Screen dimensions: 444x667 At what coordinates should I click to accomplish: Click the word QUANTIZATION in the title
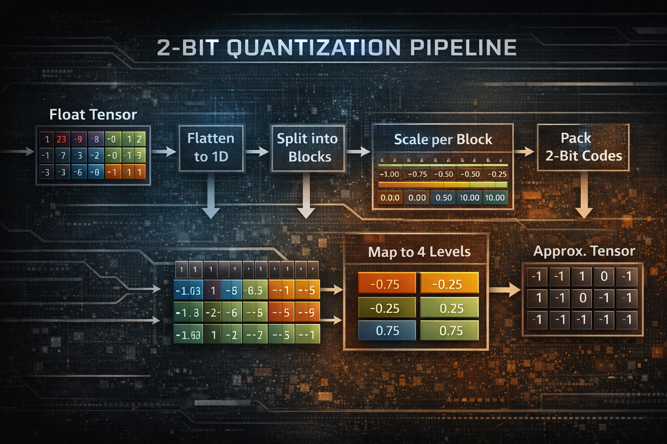(314, 48)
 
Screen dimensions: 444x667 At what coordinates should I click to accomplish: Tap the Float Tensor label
(93, 114)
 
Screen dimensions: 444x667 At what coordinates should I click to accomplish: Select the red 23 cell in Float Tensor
(62, 139)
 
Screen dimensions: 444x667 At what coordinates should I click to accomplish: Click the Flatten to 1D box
(211, 147)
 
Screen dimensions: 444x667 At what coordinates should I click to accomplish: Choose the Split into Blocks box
(308, 147)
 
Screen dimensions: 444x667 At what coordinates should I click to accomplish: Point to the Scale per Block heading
(443, 139)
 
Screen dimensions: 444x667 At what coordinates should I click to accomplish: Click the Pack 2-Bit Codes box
(583, 147)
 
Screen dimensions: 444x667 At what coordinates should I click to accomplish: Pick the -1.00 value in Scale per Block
(389, 174)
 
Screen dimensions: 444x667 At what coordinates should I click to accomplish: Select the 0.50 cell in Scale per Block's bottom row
(443, 198)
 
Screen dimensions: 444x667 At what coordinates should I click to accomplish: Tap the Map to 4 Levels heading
(419, 252)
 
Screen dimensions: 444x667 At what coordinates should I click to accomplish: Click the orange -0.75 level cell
(386, 284)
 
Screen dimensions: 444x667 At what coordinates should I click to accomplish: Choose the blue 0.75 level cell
(387, 331)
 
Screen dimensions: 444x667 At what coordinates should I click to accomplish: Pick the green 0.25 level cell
(451, 308)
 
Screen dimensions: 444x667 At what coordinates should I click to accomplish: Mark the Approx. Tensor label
(584, 251)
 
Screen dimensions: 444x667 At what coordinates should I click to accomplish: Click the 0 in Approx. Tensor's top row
(604, 276)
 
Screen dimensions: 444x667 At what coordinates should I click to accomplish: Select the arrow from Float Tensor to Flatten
(164, 151)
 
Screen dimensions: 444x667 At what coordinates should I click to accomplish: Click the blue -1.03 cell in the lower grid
(188, 291)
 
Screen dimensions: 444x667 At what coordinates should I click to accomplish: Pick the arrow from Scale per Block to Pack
(525, 151)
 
